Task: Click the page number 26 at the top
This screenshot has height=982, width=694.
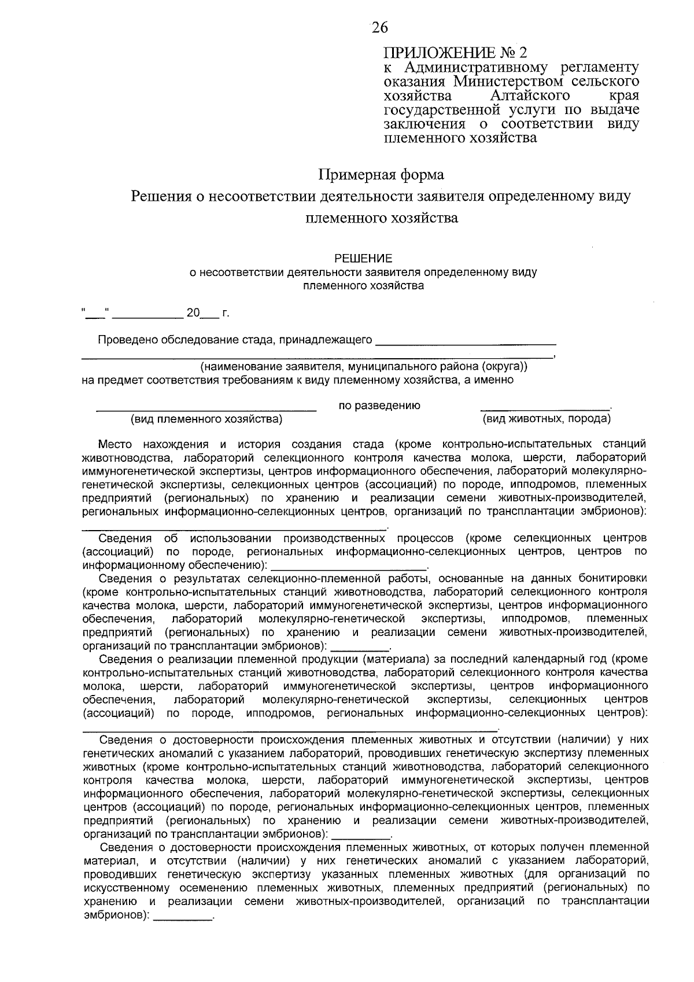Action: click(379, 27)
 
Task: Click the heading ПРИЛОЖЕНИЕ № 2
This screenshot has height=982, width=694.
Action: click(456, 53)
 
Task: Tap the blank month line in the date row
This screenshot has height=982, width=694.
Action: click(147, 316)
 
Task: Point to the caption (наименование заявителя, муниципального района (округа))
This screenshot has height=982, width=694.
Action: click(364, 367)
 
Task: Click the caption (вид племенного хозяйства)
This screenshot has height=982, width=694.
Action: click(206, 418)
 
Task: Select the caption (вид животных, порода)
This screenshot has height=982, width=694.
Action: click(546, 418)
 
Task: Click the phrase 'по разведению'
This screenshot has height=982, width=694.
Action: click(379, 406)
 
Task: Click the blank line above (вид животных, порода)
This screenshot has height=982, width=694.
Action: click(545, 409)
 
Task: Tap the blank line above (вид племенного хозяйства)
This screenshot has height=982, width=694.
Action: click(206, 409)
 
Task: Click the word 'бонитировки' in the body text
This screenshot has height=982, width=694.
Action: click(615, 578)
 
